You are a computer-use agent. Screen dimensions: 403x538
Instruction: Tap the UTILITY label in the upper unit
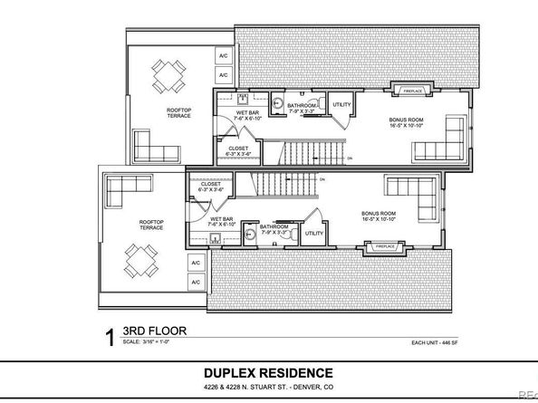click(x=342, y=105)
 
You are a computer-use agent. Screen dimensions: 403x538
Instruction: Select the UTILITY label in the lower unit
click(x=314, y=233)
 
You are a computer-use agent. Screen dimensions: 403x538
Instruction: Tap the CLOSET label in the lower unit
click(x=209, y=187)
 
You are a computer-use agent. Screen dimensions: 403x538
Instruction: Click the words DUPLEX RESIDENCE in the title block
click(x=268, y=373)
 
